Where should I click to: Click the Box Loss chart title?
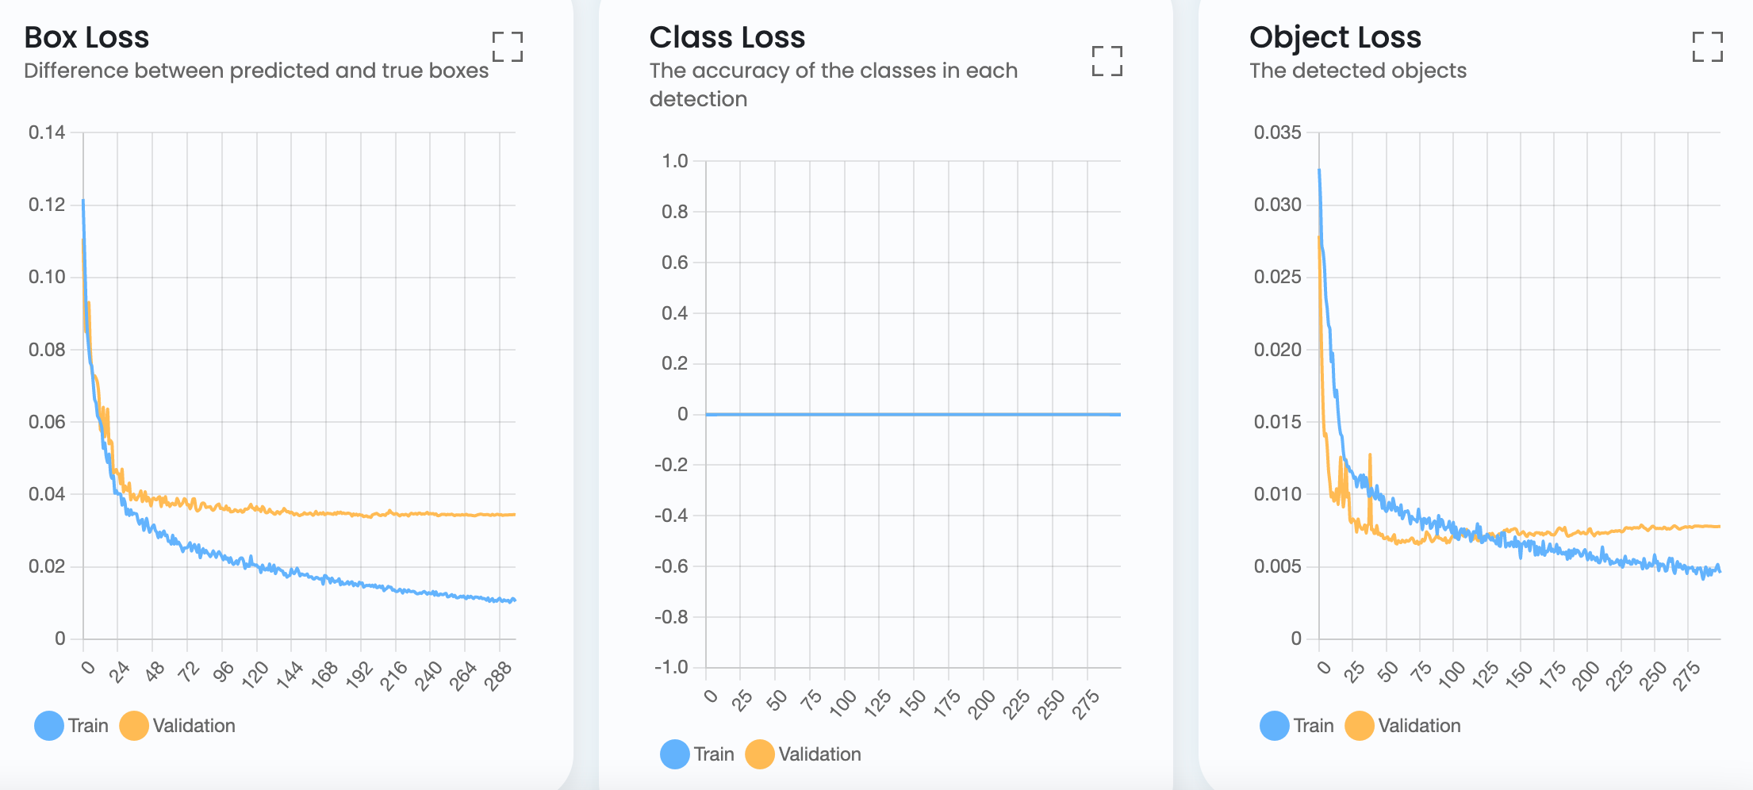coord(86,37)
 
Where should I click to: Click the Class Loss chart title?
coord(727,37)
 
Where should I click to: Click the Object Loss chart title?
coord(1335,37)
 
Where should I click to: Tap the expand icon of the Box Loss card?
coord(508,47)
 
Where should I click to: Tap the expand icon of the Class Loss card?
coord(1107,61)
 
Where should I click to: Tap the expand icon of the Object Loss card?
coord(1707,47)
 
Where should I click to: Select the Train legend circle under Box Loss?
coord(49,726)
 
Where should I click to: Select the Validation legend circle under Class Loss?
coord(760,754)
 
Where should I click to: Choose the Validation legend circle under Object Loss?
coord(1360,726)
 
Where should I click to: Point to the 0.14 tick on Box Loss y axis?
coord(47,132)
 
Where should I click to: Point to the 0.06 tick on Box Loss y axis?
coord(47,422)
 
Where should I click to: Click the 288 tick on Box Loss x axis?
coord(499,676)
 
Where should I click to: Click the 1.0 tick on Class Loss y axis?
coord(675,161)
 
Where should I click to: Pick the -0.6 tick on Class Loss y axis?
coord(671,566)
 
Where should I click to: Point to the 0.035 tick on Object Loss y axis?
coord(1277,132)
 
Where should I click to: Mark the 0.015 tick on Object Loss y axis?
coord(1277,422)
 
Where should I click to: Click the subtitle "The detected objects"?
coord(1357,71)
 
